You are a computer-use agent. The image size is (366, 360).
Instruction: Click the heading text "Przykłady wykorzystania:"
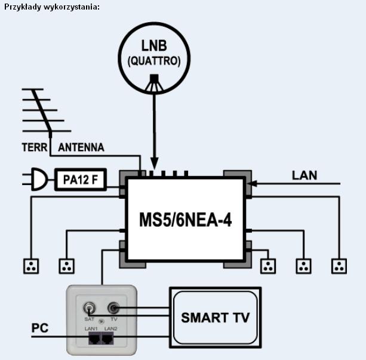51,7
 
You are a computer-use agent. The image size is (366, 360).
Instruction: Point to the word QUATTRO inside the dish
154,61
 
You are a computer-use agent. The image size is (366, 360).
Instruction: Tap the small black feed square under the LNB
155,78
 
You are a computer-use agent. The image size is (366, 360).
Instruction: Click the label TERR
34,147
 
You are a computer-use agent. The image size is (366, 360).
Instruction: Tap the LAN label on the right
305,176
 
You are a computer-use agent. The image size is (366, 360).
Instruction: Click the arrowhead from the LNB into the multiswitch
155,164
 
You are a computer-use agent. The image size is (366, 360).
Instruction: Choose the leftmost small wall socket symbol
30,266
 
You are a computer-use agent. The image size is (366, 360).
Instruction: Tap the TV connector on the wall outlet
113,309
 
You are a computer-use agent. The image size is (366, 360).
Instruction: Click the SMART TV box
215,317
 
